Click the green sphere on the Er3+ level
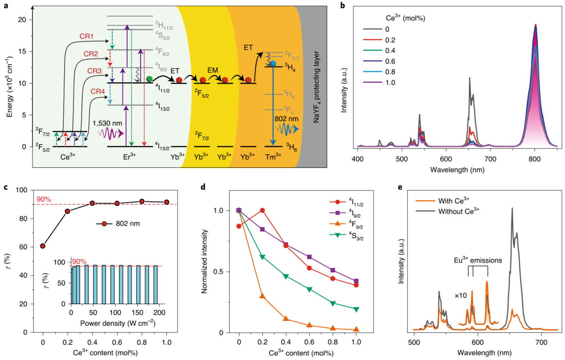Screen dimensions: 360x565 149,79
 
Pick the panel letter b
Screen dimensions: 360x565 342,6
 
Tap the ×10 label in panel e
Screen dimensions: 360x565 461,295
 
